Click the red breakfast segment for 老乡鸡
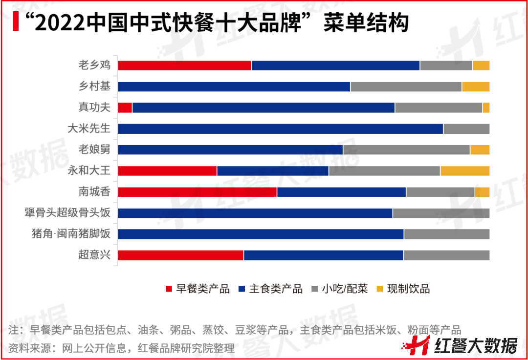pyautogui.click(x=184, y=65)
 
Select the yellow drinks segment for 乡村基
pyautogui.click(x=475, y=86)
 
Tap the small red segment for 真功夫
pyautogui.click(x=125, y=107)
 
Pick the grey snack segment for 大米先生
pyautogui.click(x=466, y=128)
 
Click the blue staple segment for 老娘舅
pyautogui.click(x=230, y=149)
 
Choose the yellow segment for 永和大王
pyautogui.click(x=464, y=170)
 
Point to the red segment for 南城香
pyautogui.click(x=197, y=191)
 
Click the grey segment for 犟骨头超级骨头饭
pyautogui.click(x=440, y=212)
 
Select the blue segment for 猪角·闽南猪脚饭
pyautogui.click(x=261, y=233)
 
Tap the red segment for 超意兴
pyautogui.click(x=180, y=254)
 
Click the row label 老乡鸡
pyautogui.click(x=94, y=65)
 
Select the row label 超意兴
pyautogui.click(x=94, y=254)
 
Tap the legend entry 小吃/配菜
pyautogui.click(x=345, y=289)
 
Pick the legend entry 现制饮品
pyautogui.click(x=408, y=289)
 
